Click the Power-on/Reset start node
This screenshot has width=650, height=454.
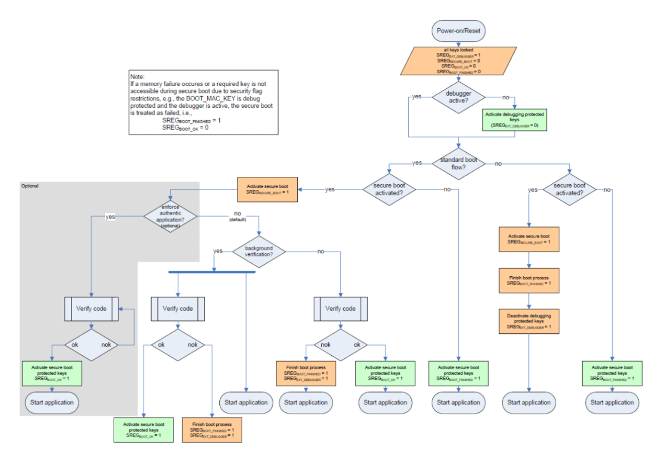pos(458,30)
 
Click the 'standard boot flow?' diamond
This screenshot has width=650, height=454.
pos(458,163)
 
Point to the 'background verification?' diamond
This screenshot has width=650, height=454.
pos(258,252)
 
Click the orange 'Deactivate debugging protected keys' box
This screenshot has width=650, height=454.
pos(529,322)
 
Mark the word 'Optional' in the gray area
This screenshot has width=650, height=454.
pos(29,186)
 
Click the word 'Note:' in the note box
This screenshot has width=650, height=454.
pos(138,77)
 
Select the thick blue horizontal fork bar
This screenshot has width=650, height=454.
pos(212,272)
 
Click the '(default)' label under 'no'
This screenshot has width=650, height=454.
pos(237,220)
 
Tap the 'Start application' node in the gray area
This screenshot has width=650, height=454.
pos(51,402)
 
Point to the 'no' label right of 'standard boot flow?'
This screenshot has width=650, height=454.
pos(498,163)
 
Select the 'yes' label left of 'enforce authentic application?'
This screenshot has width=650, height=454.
pos(109,216)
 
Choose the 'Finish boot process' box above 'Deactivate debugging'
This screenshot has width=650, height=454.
pos(529,280)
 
